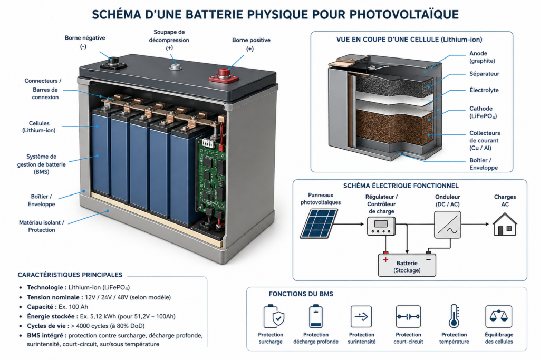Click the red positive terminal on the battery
click(224, 76)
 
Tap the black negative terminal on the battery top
click(113, 63)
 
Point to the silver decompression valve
click(176, 66)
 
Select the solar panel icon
click(319, 223)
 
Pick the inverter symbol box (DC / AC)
click(447, 225)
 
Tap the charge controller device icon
click(381, 226)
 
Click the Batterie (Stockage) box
click(407, 265)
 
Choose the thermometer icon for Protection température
click(454, 316)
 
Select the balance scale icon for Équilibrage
click(499, 316)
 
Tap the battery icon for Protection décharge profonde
click(316, 316)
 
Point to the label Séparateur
click(484, 74)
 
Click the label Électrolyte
click(484, 90)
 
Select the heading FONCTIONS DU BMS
click(301, 294)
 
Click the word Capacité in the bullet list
click(40, 307)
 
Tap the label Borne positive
click(251, 40)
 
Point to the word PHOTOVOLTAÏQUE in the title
click(404, 14)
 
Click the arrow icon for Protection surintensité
click(361, 316)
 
